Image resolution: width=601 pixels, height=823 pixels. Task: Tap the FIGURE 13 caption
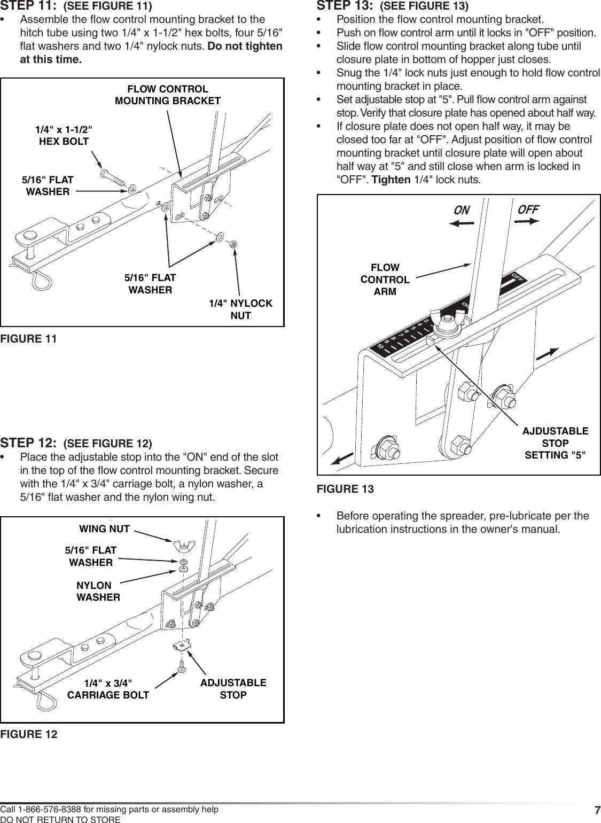(345, 488)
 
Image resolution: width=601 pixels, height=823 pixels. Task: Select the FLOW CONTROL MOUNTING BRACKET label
(168, 95)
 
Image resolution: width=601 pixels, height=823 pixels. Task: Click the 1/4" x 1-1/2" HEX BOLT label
(64, 135)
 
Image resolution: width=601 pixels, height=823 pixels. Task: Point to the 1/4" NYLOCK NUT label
(240, 309)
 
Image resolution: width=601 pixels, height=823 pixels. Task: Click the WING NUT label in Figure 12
(104, 529)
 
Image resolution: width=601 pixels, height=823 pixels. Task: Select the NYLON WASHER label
(98, 591)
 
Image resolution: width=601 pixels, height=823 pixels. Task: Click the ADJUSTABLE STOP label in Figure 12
(233, 689)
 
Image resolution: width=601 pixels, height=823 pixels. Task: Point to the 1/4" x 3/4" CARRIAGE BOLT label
(108, 689)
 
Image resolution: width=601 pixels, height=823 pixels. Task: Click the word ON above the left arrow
(461, 211)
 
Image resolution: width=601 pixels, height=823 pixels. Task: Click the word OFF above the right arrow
(528, 209)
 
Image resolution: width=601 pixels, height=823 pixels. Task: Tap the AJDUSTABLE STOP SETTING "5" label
(555, 443)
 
